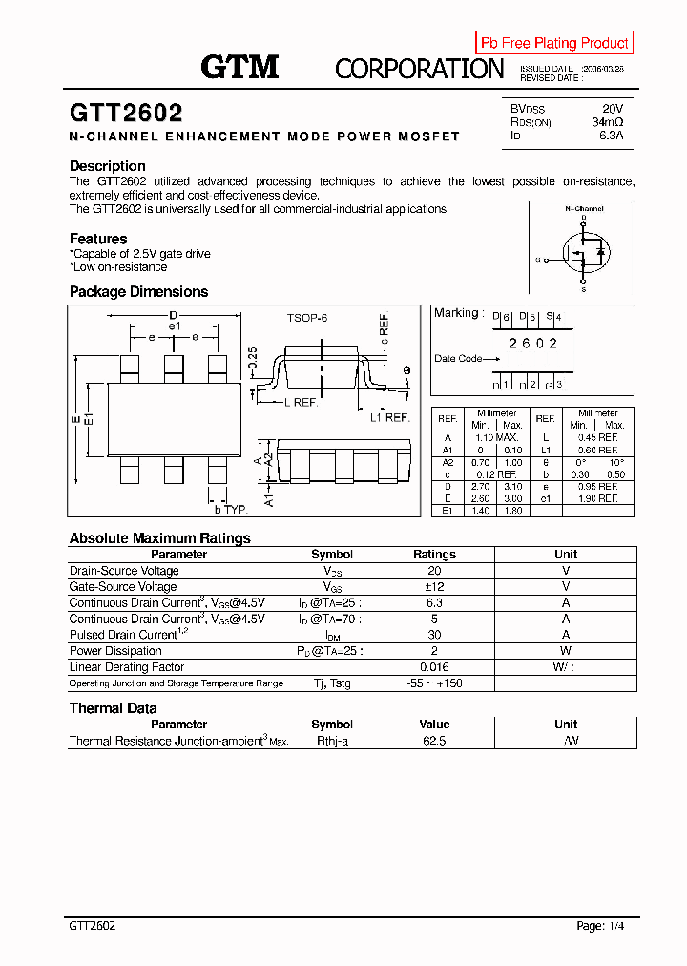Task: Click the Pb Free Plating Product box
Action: pos(554,43)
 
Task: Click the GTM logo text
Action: pos(239,67)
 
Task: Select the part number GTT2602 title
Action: pos(126,114)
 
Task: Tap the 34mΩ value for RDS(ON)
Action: pos(607,123)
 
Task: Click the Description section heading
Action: pos(108,166)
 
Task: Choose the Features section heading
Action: pos(98,239)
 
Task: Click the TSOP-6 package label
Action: pos(306,317)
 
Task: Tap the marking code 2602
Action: pos(532,343)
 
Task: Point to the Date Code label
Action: pos(458,359)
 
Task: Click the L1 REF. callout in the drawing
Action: pos(389,418)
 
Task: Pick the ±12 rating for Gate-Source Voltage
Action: pos(434,586)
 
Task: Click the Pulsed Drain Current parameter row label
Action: pos(123,635)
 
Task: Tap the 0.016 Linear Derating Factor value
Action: pos(434,667)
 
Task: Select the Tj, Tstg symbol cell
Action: pos(332,683)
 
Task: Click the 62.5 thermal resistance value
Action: pos(434,741)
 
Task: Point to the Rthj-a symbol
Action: pos(332,741)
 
